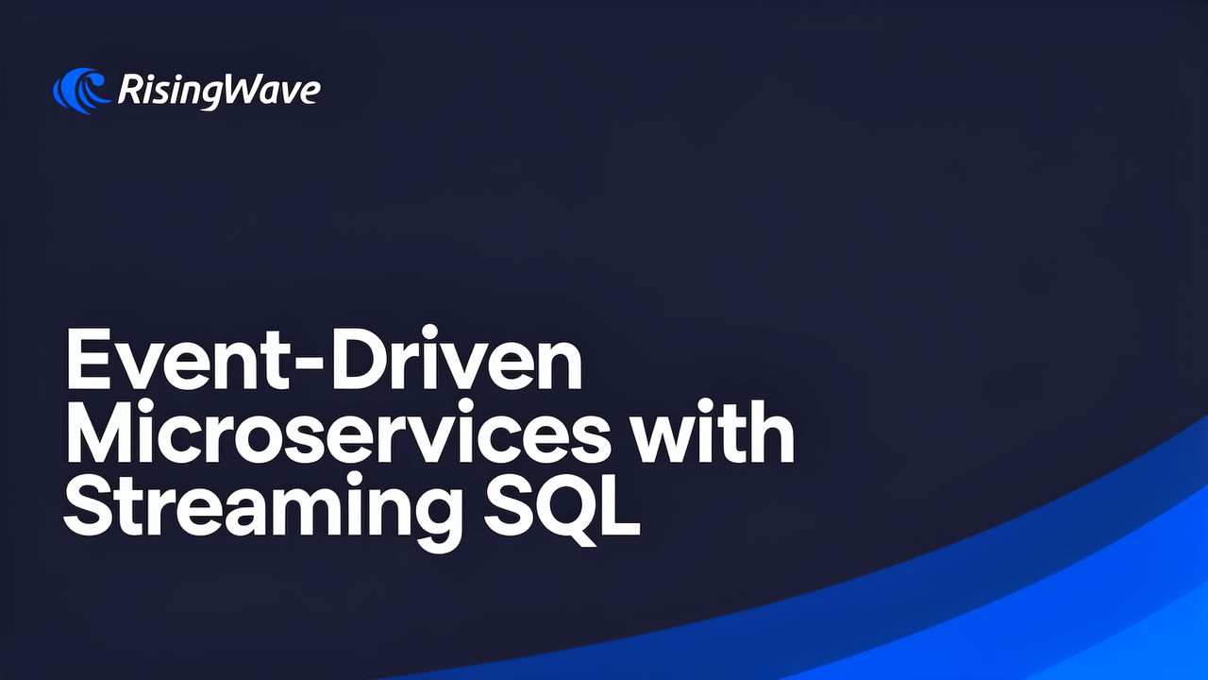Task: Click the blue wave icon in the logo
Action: click(81, 91)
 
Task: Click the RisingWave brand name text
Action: click(219, 90)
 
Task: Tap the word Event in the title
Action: click(179, 358)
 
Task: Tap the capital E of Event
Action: click(89, 358)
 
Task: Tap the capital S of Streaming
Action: click(89, 505)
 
